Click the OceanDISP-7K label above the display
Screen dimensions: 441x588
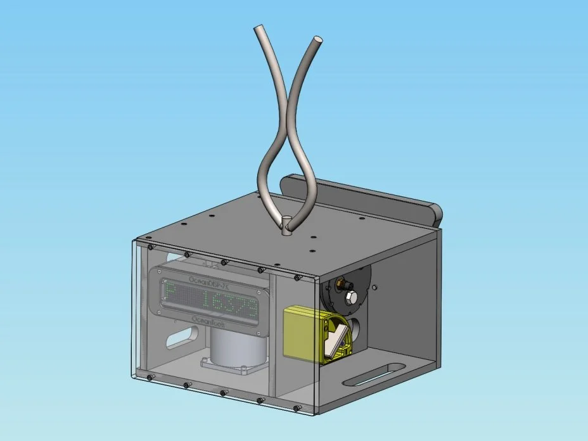click(210, 281)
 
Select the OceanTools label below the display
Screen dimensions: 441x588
click(212, 321)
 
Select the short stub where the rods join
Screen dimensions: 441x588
click(287, 224)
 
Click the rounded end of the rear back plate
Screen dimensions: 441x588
click(435, 215)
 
